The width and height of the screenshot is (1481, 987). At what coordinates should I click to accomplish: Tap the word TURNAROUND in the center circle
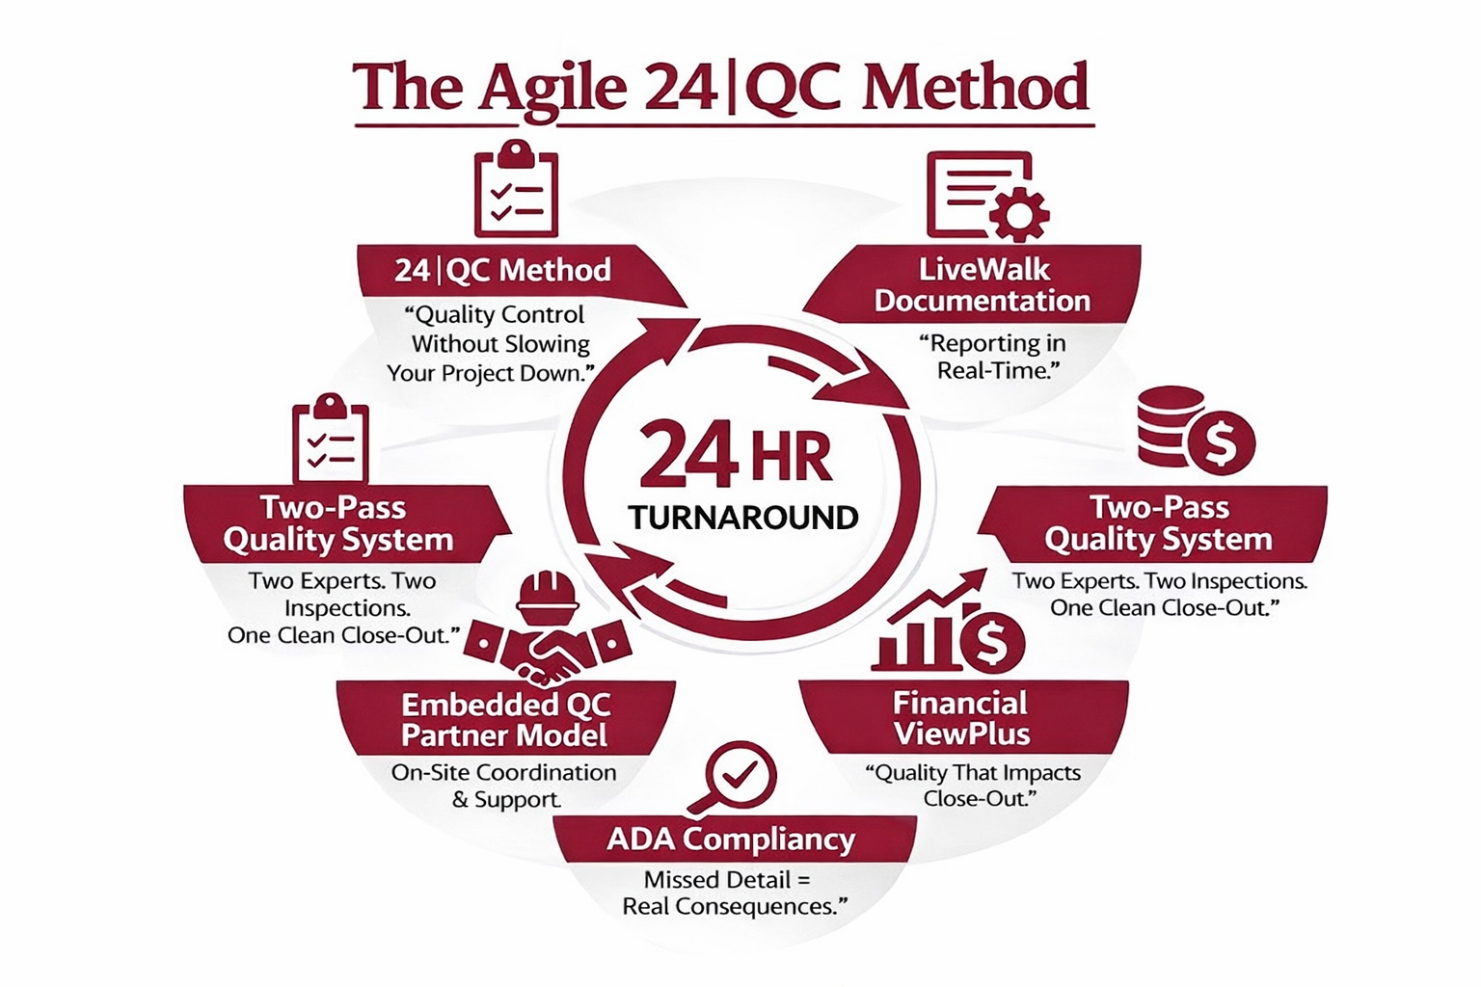click(x=742, y=518)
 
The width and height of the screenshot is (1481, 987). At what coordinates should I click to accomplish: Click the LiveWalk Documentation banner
click(x=982, y=284)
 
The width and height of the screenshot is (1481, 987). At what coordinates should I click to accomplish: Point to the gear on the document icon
click(x=1018, y=212)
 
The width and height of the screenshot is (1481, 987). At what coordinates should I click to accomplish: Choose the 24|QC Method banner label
click(x=502, y=270)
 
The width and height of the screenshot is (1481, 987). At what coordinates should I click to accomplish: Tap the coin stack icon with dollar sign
click(x=1194, y=430)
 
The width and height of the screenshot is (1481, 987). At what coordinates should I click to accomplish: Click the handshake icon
click(x=547, y=650)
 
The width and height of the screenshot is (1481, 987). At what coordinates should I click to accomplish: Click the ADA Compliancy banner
click(x=731, y=840)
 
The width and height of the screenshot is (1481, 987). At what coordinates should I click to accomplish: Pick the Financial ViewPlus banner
click(x=961, y=718)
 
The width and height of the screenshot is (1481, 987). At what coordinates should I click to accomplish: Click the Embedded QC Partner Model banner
click(x=505, y=719)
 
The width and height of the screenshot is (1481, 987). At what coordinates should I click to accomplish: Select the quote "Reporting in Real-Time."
click(x=991, y=357)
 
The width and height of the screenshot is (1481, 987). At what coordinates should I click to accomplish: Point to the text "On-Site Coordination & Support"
click(x=503, y=786)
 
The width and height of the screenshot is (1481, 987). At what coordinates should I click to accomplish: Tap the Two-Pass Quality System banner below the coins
click(x=1159, y=523)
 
